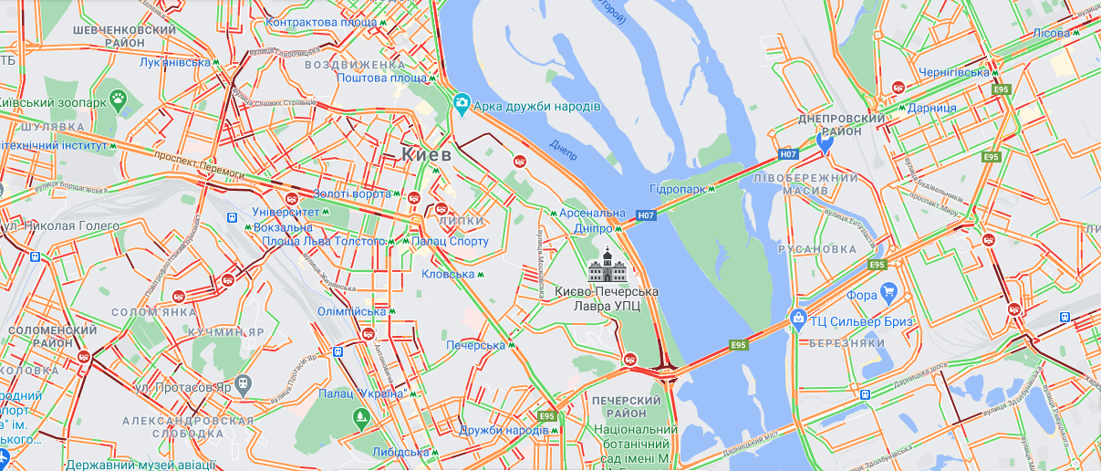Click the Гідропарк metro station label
(677, 189)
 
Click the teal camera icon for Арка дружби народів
(462, 107)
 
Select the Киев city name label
(426, 155)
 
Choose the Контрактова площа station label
(320, 21)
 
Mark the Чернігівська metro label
(953, 72)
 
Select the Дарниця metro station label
(931, 108)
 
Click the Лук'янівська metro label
(174, 63)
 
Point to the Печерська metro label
(475, 345)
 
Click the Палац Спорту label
(450, 241)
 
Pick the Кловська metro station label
(448, 274)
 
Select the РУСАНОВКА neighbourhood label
(818, 249)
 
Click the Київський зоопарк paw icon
(118, 98)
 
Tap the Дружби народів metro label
(504, 430)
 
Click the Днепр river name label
(563, 151)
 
